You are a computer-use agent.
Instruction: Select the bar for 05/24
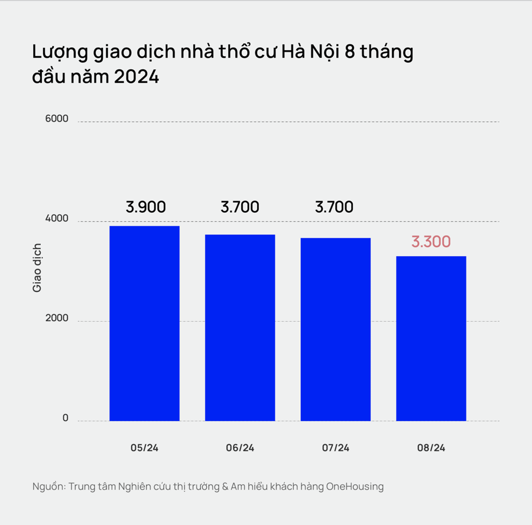[145, 323]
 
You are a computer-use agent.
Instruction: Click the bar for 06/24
[240, 328]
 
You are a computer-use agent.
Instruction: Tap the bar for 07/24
[335, 329]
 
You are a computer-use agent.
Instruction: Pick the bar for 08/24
[431, 338]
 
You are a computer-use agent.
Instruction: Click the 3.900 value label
[145, 208]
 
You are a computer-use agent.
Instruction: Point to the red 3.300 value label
[431, 242]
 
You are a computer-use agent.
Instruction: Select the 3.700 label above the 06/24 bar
[240, 208]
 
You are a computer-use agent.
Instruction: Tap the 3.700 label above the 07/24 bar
[334, 208]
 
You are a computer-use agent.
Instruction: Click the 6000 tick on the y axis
[57, 119]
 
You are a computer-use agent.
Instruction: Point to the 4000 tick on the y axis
[57, 219]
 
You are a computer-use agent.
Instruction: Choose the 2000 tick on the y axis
[57, 319]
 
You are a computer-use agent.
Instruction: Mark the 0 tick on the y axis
[65, 418]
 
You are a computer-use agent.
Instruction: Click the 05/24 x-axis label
[145, 448]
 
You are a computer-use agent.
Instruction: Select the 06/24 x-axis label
[240, 448]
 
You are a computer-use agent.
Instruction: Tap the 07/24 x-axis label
[335, 448]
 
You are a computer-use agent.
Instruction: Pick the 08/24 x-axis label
[431, 448]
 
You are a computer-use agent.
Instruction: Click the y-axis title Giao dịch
[37, 267]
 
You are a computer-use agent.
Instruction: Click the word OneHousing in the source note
[355, 487]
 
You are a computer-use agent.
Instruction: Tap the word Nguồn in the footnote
[48, 487]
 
